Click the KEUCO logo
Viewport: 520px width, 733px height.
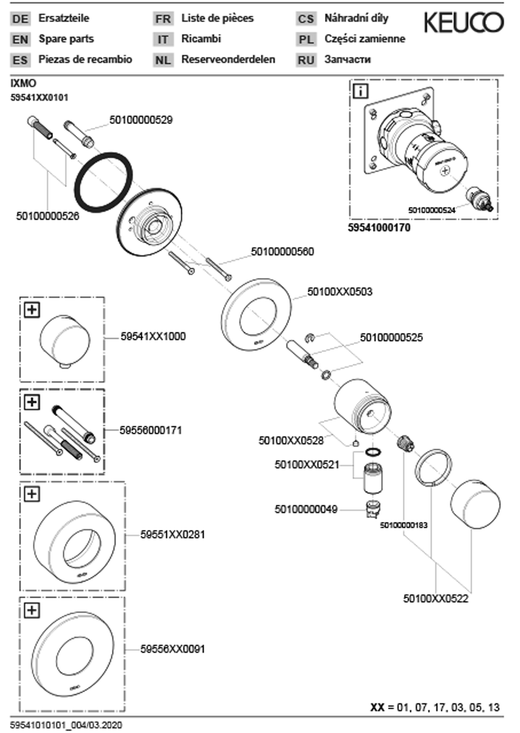(464, 22)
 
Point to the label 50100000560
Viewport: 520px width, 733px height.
(282, 252)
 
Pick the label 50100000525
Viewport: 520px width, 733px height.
(391, 337)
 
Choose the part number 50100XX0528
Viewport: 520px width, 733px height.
(291, 441)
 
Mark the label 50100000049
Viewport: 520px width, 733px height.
(306, 509)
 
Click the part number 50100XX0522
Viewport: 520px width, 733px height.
(435, 599)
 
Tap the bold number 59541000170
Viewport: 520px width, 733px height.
(379, 228)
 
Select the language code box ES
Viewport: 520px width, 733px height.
(20, 60)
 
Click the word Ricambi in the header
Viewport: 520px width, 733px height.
(201, 39)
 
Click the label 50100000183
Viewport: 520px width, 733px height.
(403, 525)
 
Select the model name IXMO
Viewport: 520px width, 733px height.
(23, 83)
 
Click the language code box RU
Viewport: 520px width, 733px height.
(306, 60)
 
